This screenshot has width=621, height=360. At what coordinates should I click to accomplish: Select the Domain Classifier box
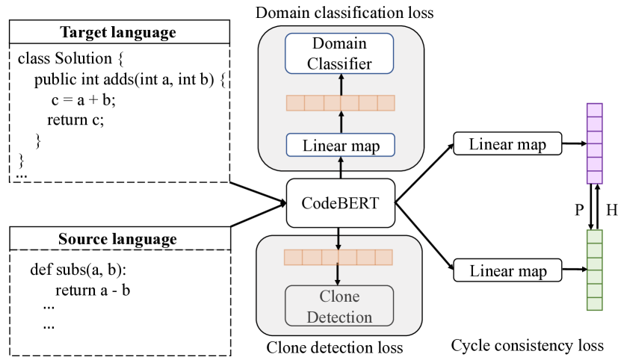(340, 54)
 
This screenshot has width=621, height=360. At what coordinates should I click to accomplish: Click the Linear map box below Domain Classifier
(340, 146)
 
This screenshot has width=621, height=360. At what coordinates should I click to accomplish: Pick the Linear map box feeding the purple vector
(507, 143)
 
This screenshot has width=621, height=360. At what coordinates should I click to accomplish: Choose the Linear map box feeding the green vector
(507, 270)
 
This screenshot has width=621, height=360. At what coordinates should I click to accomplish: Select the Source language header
(117, 239)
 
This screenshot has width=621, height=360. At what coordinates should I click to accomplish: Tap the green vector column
(593, 270)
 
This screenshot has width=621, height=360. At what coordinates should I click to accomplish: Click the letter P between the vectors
(578, 210)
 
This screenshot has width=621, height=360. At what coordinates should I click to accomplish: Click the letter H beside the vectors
(612, 210)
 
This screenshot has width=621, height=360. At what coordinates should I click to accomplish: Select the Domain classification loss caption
(344, 12)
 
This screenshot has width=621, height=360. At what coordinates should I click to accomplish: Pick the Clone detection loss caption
(334, 347)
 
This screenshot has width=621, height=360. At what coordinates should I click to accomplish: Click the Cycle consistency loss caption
(527, 345)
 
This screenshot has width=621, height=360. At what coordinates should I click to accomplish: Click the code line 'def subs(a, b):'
(76, 270)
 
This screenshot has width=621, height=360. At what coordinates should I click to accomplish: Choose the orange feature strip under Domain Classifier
(340, 103)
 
